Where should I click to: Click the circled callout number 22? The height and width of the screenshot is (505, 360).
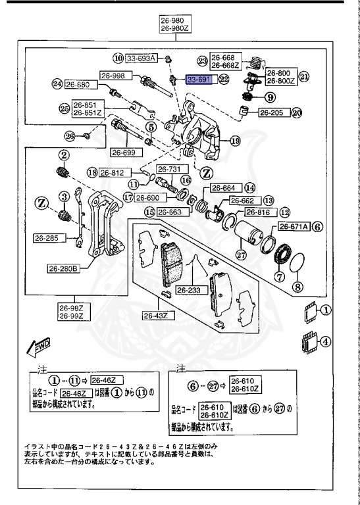[224, 80]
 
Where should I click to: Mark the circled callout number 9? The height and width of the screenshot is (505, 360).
[270, 97]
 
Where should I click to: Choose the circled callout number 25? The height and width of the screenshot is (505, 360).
[63, 108]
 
